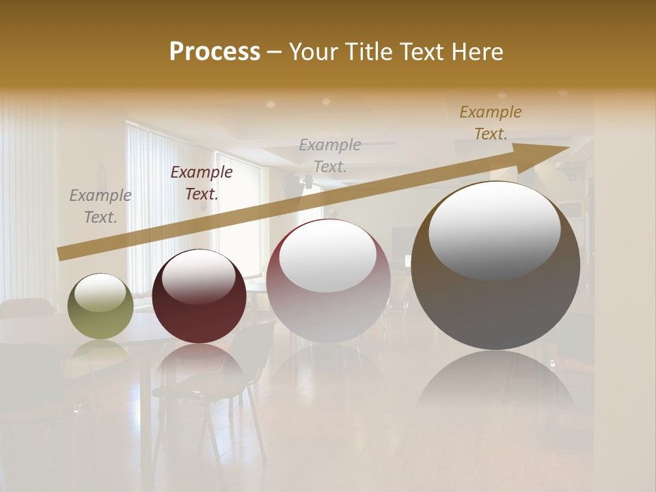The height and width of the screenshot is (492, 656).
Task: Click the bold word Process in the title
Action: point(215,52)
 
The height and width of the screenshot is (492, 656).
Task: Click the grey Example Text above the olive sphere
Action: point(100,206)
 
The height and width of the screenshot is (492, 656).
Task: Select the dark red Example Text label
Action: point(202,183)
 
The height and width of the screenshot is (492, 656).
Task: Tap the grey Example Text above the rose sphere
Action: point(330,156)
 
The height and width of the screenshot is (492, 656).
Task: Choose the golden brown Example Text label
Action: point(491,123)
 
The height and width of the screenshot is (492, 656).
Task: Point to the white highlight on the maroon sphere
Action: point(199,277)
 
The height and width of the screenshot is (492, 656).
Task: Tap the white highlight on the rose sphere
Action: point(327,256)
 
